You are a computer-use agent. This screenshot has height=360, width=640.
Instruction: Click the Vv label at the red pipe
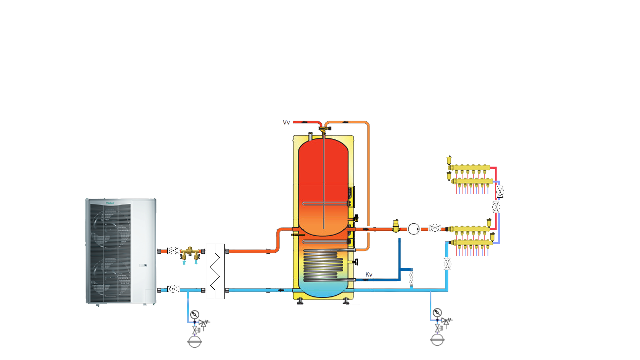click(286, 122)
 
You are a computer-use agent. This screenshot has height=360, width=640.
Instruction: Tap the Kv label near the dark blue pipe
click(369, 274)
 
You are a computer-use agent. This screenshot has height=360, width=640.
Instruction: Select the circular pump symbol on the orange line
click(413, 229)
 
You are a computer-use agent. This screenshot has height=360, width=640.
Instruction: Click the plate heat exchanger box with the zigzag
click(215, 271)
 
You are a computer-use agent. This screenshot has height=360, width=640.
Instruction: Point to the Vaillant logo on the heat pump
click(110, 203)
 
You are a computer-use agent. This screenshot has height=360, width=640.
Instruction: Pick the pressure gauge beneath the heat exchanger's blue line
click(195, 314)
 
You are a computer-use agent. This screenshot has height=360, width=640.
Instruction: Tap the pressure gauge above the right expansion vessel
click(437, 313)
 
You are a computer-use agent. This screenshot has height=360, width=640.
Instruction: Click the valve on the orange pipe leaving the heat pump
click(173, 251)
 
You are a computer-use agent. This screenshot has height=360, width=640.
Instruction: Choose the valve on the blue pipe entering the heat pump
click(173, 289)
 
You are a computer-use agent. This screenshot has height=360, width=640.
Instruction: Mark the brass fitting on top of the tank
click(323, 129)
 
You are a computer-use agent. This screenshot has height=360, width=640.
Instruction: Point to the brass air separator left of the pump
click(396, 226)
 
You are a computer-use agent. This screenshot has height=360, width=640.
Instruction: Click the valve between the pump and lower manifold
click(435, 228)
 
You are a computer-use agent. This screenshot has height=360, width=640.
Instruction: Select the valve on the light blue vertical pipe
click(447, 264)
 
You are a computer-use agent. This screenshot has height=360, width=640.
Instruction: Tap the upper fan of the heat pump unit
click(108, 227)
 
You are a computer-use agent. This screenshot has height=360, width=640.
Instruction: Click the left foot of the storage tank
click(300, 302)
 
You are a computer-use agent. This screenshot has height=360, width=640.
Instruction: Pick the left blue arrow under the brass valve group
click(184, 262)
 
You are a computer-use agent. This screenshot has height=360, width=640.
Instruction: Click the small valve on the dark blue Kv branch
click(411, 279)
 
